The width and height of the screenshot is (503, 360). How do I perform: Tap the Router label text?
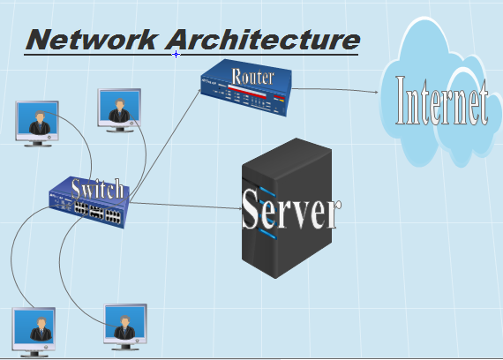[x=252, y=77]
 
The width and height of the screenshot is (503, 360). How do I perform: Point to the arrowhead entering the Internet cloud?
[x=379, y=91]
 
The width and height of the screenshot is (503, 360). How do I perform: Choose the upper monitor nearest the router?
[x=119, y=107]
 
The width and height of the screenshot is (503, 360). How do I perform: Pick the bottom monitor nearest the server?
[x=124, y=324]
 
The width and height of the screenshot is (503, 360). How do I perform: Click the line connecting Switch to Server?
[x=185, y=206]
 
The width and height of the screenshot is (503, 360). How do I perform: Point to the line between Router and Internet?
[x=335, y=89]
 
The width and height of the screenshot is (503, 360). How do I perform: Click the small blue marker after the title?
[x=176, y=54]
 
